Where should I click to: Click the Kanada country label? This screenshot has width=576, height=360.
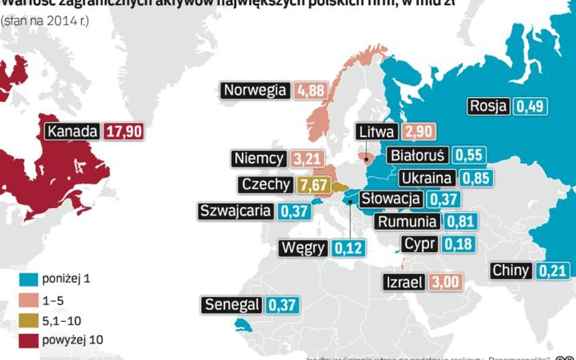pyautogui.click(x=72, y=132)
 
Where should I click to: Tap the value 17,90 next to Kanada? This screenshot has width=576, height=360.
pyautogui.click(x=124, y=132)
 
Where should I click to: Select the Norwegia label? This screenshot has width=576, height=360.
pyautogui.click(x=255, y=90)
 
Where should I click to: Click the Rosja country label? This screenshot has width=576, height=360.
pyautogui.click(x=488, y=106)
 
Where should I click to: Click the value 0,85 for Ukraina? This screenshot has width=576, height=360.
pyautogui.click(x=476, y=178)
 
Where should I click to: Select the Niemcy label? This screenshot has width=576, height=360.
pyautogui.click(x=259, y=159)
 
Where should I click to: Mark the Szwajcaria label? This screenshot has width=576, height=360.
pyautogui.click(x=236, y=211)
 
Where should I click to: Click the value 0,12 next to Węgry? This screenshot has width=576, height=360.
pyautogui.click(x=348, y=248)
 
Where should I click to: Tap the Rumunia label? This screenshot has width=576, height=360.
pyautogui.click(x=407, y=222)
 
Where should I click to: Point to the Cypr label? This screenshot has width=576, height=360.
pyautogui.click(x=420, y=244)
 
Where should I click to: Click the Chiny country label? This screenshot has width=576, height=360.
pyautogui.click(x=511, y=271)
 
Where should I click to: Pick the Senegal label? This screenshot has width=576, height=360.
pyautogui.click(x=232, y=305)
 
